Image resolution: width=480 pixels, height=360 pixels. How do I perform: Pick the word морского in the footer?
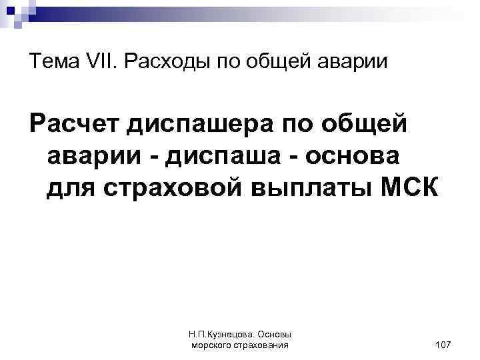pos(212,345)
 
